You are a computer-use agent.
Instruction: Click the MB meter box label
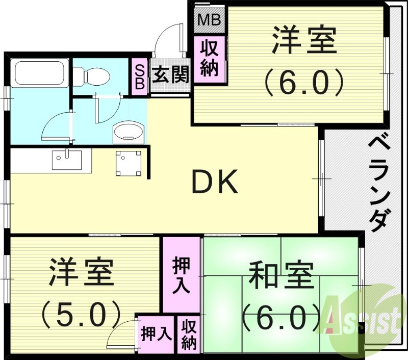coord(209,20)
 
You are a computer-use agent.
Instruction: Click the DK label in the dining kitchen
coord(214,183)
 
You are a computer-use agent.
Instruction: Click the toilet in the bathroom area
coord(91,77)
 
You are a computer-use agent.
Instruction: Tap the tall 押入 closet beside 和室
coord(181,275)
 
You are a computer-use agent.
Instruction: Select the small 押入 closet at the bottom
coord(156,335)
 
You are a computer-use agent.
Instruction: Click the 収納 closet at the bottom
coord(189,335)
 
